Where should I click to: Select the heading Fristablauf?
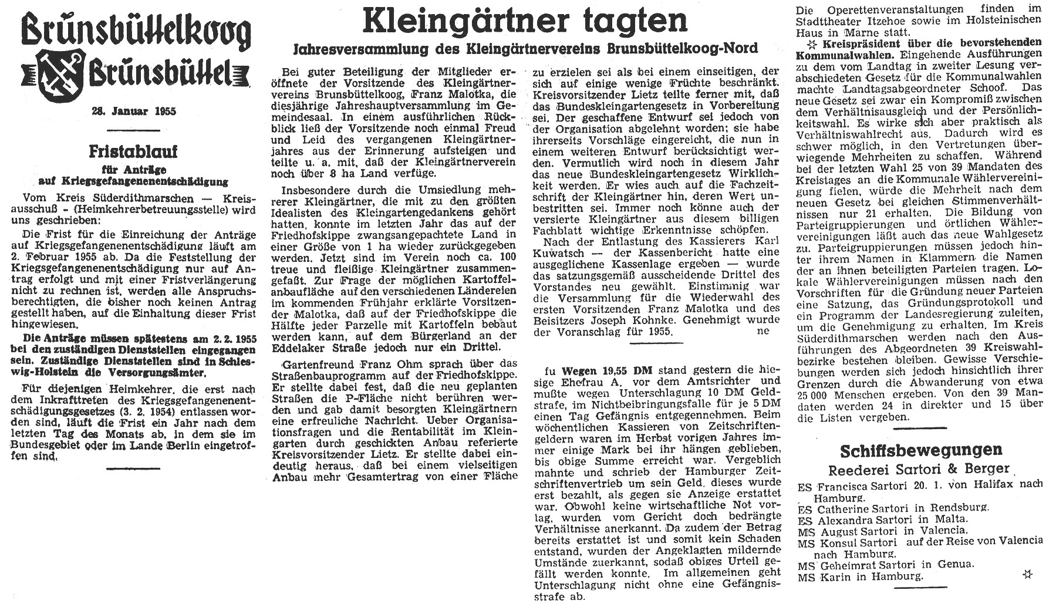pyautogui.click(x=133, y=152)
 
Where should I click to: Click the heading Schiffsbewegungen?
pyautogui.click(x=920, y=450)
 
